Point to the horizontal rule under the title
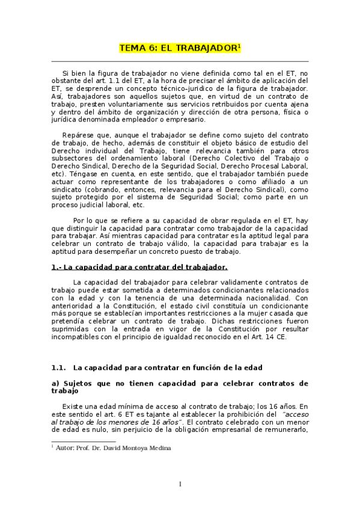tap(180, 61)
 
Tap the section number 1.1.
tap(58, 367)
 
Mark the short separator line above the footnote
tap(75, 442)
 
